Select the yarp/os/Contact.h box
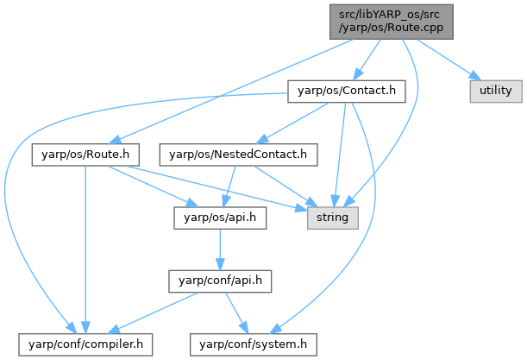point(346,90)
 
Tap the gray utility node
point(494,90)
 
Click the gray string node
point(332,218)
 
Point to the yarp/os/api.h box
point(220,218)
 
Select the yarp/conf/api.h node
point(221,281)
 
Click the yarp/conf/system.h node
point(254,344)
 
